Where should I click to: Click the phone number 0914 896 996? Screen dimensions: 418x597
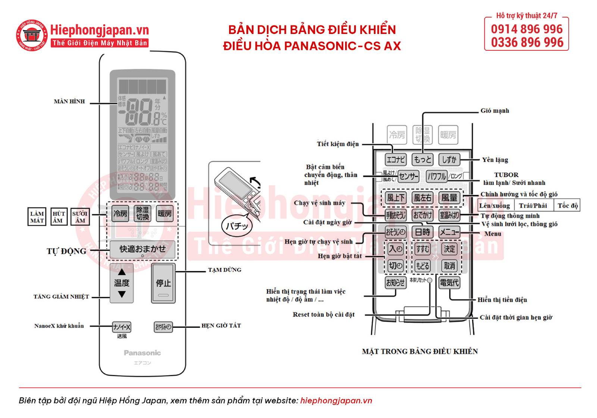click(x=526, y=29)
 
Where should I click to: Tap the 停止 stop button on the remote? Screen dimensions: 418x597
click(x=163, y=283)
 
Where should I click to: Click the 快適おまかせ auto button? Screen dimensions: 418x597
click(x=142, y=249)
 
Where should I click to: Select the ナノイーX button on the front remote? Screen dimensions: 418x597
click(x=122, y=327)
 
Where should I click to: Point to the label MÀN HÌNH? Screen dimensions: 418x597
click(x=69, y=102)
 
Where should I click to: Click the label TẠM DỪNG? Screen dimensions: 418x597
click(x=225, y=270)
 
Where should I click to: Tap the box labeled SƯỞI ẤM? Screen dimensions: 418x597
click(x=80, y=217)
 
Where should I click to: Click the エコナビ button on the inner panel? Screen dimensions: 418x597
click(x=396, y=160)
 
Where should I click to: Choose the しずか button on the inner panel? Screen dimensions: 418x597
click(x=449, y=160)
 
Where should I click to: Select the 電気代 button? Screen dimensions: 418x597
click(x=449, y=283)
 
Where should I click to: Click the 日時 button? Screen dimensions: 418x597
click(x=422, y=232)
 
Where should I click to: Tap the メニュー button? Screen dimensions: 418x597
click(x=449, y=232)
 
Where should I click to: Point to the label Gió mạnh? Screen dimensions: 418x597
click(x=494, y=111)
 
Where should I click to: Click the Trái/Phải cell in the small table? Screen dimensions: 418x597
click(x=533, y=206)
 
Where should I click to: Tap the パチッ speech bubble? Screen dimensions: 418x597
click(x=237, y=225)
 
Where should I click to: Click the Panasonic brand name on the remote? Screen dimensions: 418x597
click(x=142, y=353)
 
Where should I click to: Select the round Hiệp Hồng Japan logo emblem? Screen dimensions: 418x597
click(x=32, y=35)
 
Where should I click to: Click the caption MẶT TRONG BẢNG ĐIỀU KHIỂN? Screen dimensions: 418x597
click(x=420, y=351)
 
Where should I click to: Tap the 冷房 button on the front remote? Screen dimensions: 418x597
click(x=120, y=213)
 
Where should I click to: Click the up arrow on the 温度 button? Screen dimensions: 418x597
click(x=122, y=272)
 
